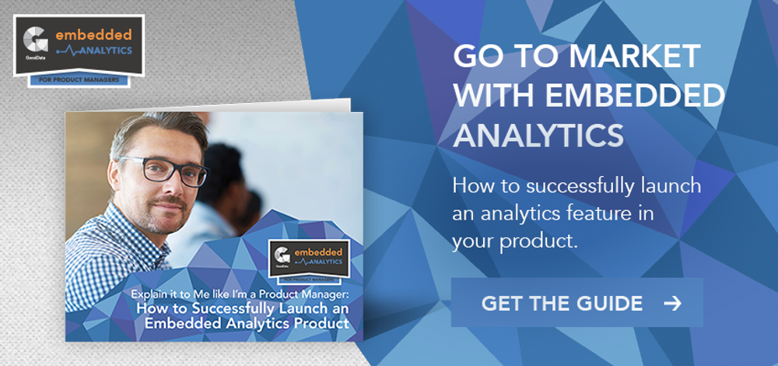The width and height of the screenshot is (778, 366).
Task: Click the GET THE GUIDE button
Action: tap(576, 302)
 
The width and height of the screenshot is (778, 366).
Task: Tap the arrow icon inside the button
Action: tap(672, 303)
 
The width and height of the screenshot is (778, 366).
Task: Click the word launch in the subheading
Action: tap(670, 186)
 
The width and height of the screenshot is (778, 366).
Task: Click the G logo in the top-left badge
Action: tap(36, 40)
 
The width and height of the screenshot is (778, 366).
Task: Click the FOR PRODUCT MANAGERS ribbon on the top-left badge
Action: tap(79, 80)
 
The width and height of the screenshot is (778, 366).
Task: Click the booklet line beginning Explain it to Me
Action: tap(240, 294)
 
